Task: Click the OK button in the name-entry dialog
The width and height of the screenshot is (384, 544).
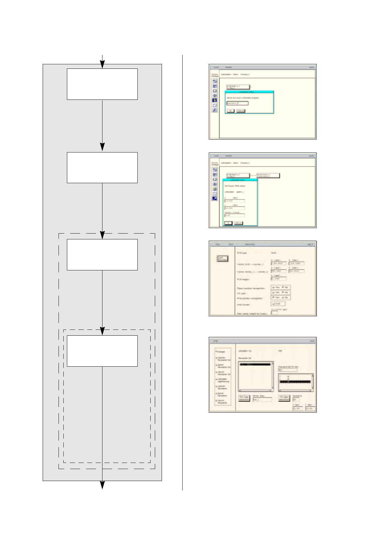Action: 230,111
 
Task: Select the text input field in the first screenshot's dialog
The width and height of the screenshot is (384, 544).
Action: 237,103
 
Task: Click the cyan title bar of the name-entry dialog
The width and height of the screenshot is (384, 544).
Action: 249,92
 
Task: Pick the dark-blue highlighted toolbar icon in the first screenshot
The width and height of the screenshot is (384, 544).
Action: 215,100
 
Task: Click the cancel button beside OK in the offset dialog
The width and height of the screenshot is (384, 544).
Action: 238,223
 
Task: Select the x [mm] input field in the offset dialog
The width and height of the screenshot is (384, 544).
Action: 234,201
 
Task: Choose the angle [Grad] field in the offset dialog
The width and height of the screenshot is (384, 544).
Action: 234,215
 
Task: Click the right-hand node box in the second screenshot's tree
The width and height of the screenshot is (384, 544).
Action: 268,175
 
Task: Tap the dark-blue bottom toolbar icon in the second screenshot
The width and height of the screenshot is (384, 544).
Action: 215,198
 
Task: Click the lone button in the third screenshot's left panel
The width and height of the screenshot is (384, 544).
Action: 223,258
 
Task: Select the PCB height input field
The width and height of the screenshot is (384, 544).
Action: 278,278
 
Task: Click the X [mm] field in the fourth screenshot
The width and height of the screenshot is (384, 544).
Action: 297,409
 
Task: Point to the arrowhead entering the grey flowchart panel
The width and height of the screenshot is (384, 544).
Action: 102,65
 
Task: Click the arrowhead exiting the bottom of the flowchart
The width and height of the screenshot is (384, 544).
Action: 102,485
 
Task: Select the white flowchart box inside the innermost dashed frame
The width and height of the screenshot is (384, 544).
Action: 102,351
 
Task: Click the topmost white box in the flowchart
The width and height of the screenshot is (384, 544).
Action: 102,84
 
